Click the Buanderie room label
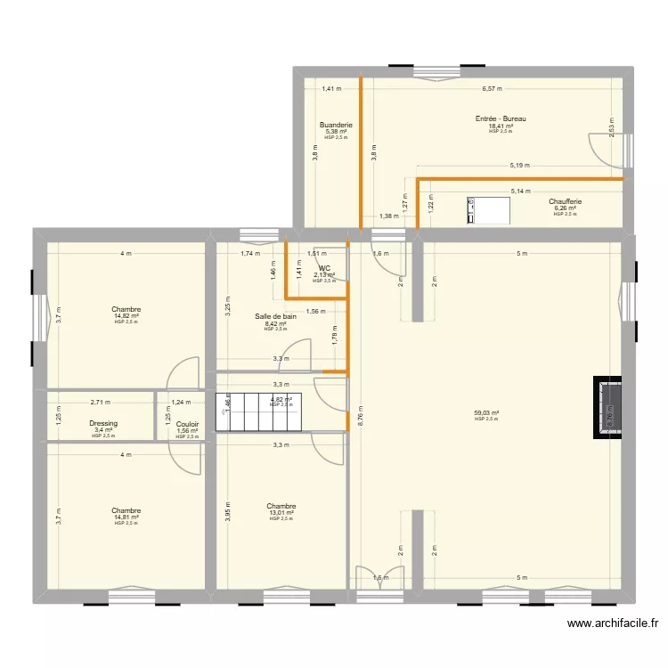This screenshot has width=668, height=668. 336,126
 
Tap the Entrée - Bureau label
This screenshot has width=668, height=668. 501,118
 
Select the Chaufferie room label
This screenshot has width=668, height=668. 565,201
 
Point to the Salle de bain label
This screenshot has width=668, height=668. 275,316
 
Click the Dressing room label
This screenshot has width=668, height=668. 103,424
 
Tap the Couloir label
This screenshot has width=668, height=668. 187,425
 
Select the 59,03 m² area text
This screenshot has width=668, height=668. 486,413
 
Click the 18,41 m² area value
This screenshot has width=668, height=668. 501,126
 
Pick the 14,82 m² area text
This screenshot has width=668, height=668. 126,316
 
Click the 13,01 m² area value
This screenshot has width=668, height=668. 281,513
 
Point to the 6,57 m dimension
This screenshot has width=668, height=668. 492,89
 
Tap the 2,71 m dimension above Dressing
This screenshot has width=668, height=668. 101,403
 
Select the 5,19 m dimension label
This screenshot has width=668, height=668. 520,166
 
